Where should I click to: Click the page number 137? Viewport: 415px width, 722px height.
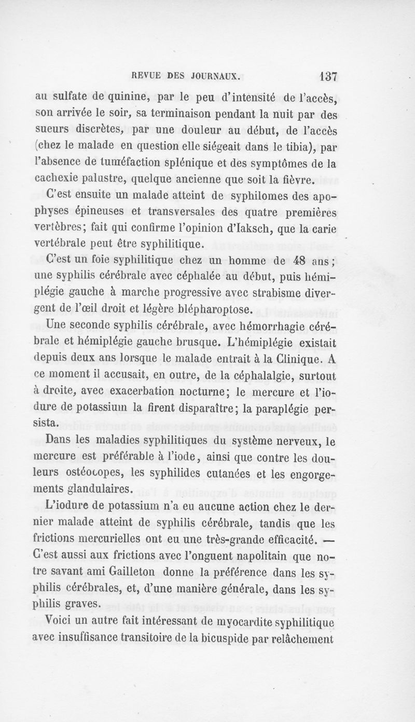pos(327,76)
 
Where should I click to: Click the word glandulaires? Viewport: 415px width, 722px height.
pos(85,489)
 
